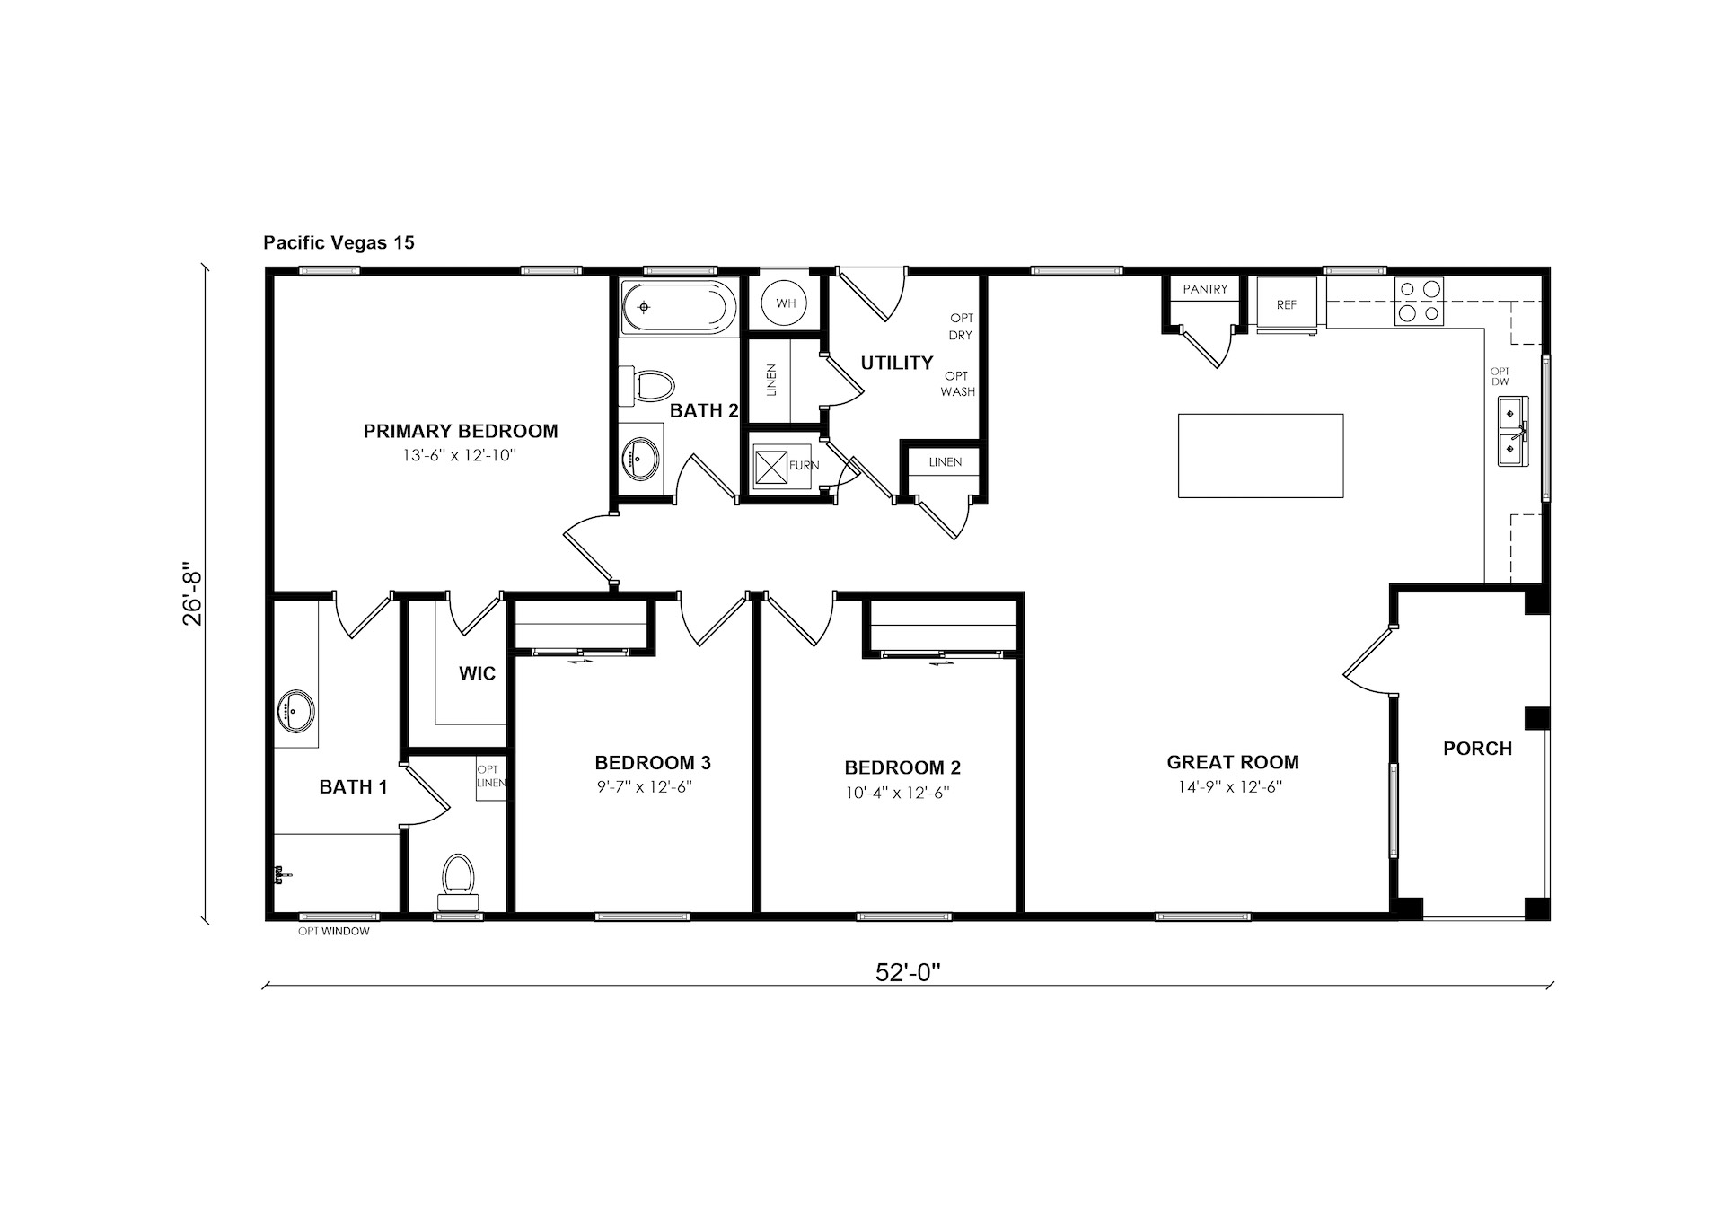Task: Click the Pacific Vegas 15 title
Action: (339, 242)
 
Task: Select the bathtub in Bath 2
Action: (679, 307)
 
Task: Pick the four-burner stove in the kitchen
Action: (1420, 301)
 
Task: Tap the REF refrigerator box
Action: (1287, 304)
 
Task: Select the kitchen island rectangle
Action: (1261, 455)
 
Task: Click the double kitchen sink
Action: (1512, 431)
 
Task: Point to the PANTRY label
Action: (1205, 289)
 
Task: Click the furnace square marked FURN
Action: (771, 467)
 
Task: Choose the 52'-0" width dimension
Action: (907, 972)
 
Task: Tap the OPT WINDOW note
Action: (334, 932)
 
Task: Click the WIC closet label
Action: (477, 673)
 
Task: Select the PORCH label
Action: (1477, 749)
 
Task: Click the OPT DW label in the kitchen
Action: (1500, 377)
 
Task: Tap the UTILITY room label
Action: (897, 363)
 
